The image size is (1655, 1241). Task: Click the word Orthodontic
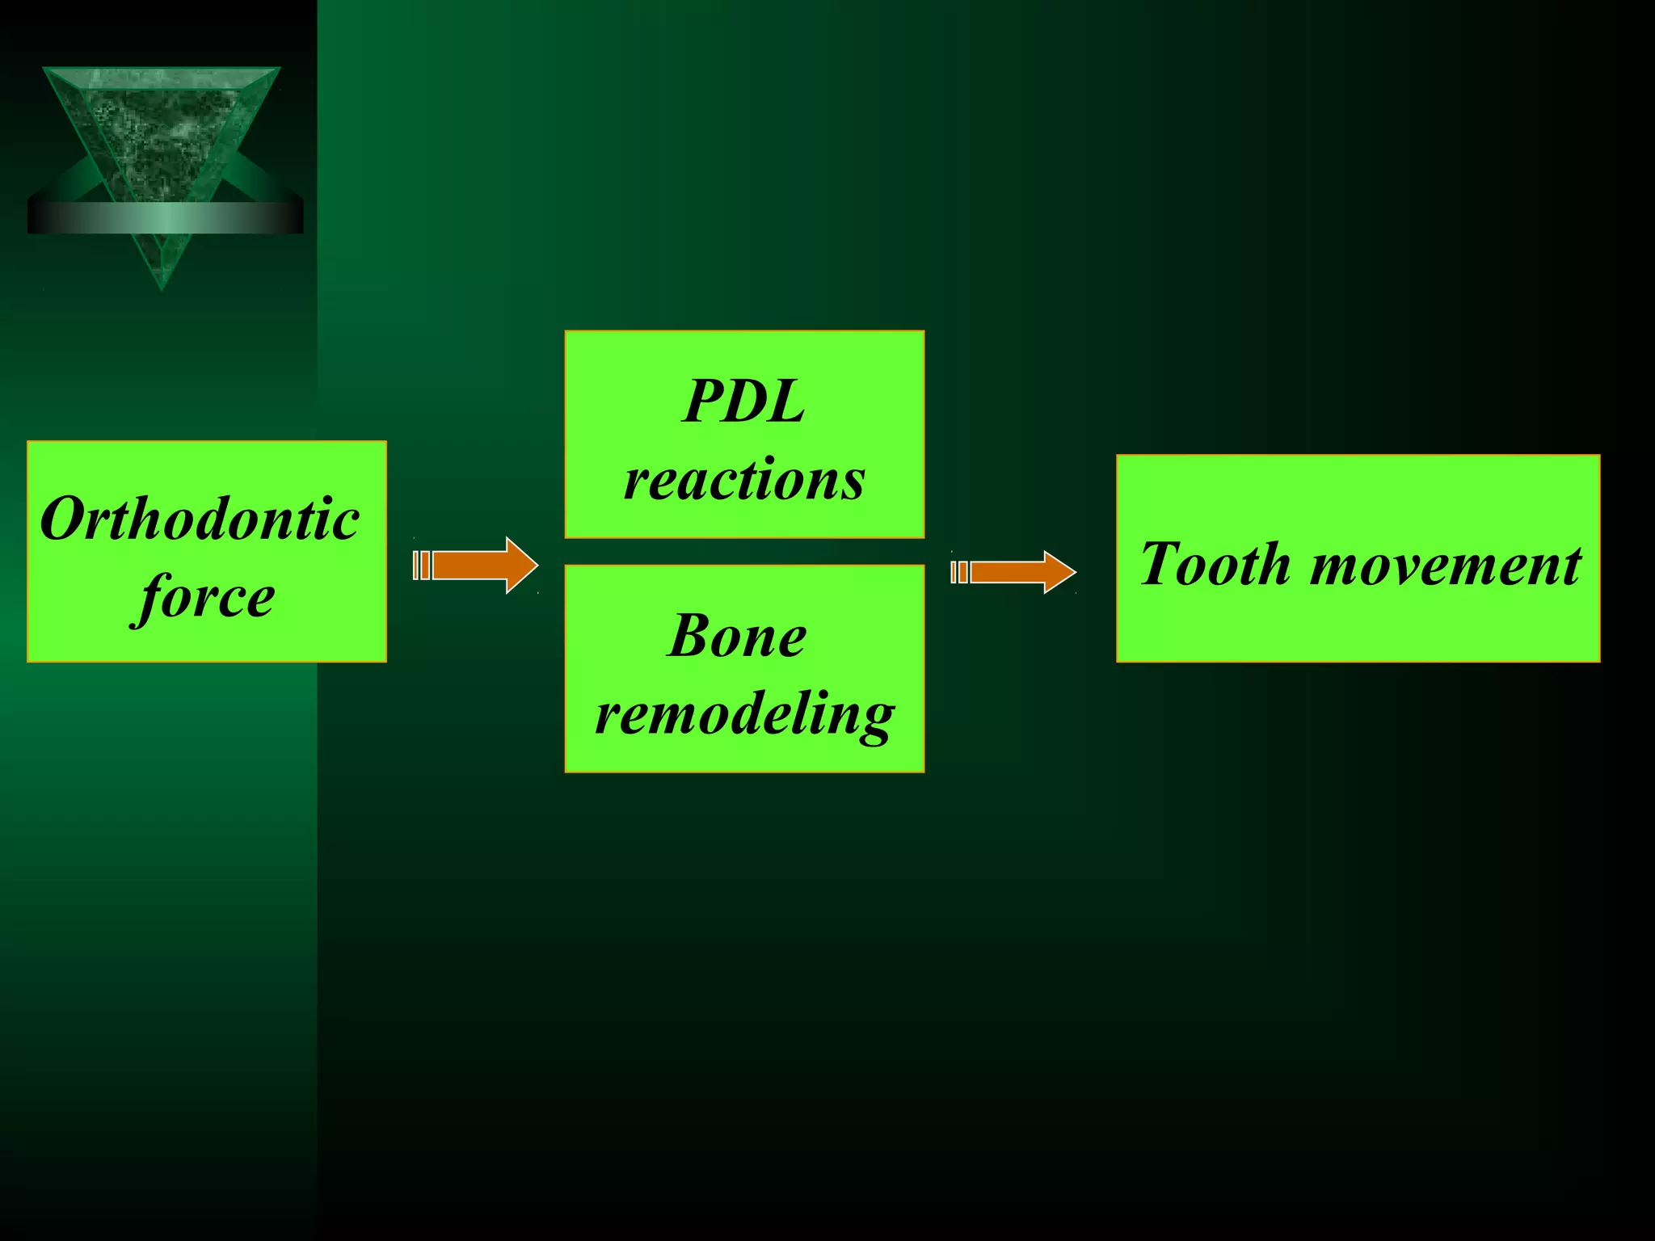200,519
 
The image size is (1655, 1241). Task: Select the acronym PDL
743,402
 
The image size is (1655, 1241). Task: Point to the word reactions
744,479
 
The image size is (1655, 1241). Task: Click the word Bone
737,636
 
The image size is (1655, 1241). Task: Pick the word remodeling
744,714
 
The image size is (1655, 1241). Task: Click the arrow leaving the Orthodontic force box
477,565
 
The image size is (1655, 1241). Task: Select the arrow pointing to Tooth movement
1015,572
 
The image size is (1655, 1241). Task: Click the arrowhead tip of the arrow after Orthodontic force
536,565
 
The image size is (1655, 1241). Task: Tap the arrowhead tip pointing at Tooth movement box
1074,572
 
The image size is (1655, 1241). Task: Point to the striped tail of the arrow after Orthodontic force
421,565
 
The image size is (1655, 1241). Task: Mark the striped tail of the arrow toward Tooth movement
959,572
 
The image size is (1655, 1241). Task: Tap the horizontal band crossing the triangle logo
165,217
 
